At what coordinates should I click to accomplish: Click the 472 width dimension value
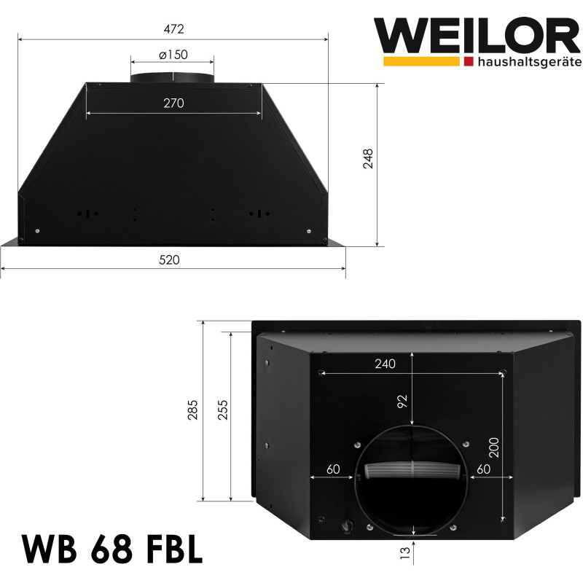click(x=173, y=29)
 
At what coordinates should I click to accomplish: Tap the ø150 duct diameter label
click(x=173, y=55)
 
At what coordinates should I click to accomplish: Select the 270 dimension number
click(x=173, y=103)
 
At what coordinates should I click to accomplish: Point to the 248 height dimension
click(x=367, y=160)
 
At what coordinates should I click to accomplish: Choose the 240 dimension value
click(x=386, y=364)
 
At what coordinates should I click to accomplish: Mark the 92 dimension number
click(x=402, y=401)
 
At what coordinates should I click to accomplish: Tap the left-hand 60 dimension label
click(x=334, y=469)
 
